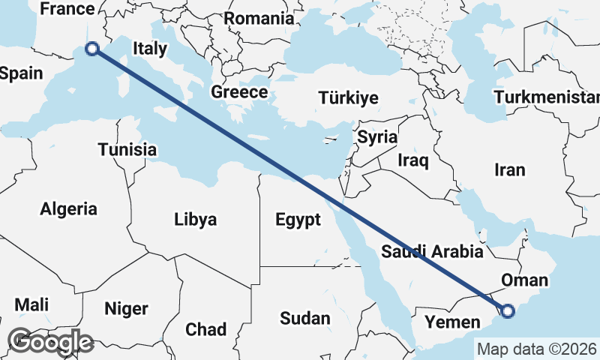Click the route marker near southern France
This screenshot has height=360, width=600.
92,49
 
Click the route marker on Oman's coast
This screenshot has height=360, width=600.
508,310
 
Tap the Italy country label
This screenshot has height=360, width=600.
149,49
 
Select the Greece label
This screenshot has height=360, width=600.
239,92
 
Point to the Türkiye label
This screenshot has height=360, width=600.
348,98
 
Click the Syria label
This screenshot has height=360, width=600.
376,137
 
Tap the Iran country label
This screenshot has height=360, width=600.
510,170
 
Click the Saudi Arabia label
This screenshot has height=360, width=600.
432,251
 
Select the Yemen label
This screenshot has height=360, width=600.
452,323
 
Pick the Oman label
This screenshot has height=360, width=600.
524,280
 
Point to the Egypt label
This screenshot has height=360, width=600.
298,220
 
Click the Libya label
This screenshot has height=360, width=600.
195,220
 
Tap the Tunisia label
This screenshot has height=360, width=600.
127,149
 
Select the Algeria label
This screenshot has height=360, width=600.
69,208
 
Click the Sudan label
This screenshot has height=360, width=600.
305,318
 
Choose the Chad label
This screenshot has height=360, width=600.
205,329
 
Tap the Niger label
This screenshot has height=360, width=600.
126,308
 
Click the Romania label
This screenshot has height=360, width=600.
259,19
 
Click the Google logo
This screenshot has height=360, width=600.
50,342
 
